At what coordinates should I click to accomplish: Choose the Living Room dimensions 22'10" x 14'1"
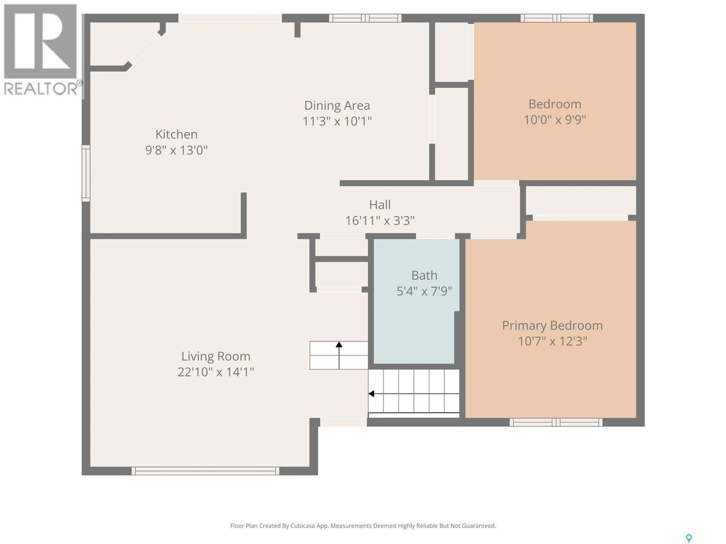point(216,372)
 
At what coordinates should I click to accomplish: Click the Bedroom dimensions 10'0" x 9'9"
point(555,120)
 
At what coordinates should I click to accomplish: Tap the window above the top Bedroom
point(557,18)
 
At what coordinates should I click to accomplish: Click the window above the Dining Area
point(365,18)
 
